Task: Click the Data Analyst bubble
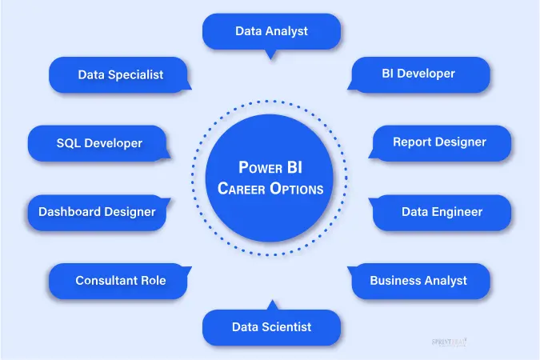point(271,32)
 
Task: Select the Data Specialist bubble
point(120,74)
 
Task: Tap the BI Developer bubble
point(419,74)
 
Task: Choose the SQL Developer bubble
point(99,143)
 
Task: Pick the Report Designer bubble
point(439,142)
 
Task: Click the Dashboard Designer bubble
point(97,212)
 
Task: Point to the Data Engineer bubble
point(442,212)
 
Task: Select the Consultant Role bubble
point(119,281)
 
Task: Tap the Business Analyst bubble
point(418,281)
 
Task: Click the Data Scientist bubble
point(271,326)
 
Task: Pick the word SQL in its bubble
point(69,143)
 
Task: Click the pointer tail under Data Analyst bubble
point(271,54)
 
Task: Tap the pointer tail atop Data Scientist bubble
point(271,305)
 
